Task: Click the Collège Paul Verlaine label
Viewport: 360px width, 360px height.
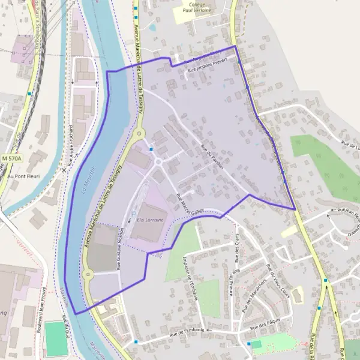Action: [193, 10]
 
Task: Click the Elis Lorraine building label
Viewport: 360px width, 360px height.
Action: [150, 220]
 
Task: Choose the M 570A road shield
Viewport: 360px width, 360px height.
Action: [11, 158]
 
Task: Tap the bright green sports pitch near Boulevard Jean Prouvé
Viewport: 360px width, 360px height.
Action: [56, 338]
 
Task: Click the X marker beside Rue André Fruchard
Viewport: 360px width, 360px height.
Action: [64, 170]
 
